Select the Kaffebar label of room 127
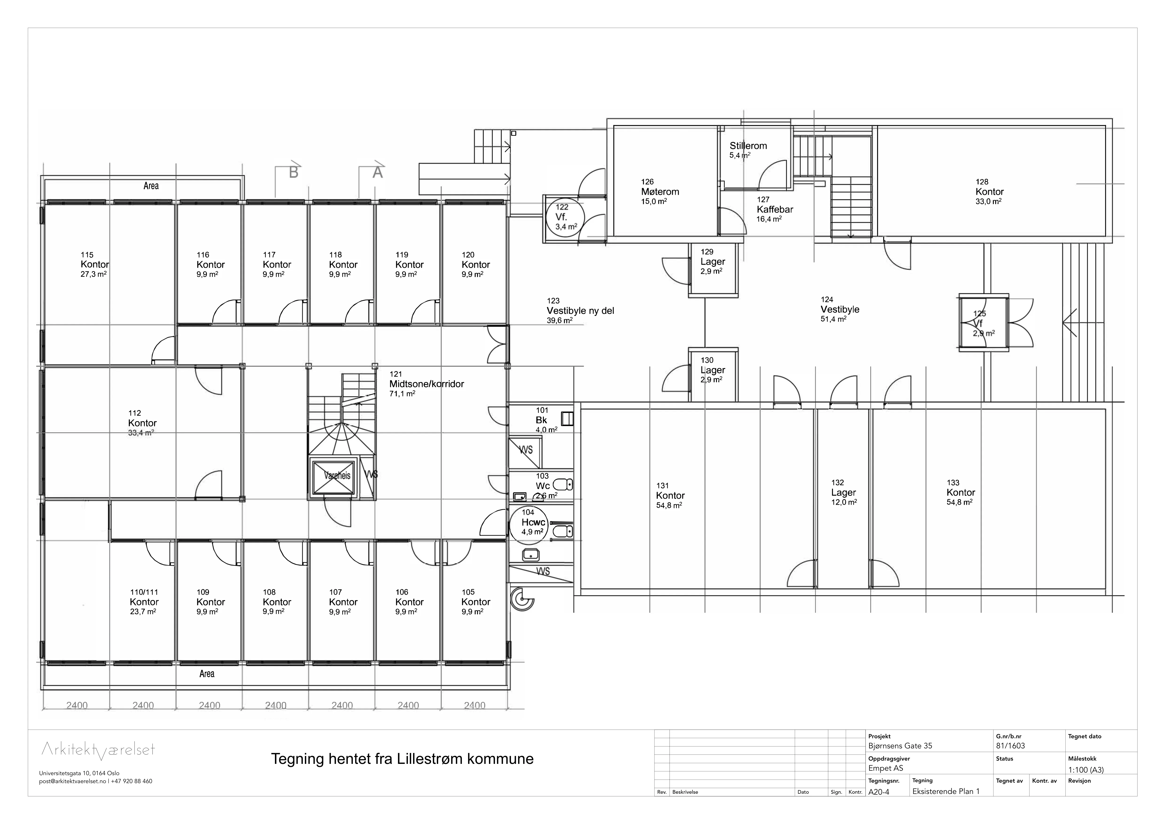point(775,210)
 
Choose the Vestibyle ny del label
point(580,311)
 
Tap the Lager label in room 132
point(843,493)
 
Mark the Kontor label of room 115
point(95,264)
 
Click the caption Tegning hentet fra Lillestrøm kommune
point(402,759)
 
